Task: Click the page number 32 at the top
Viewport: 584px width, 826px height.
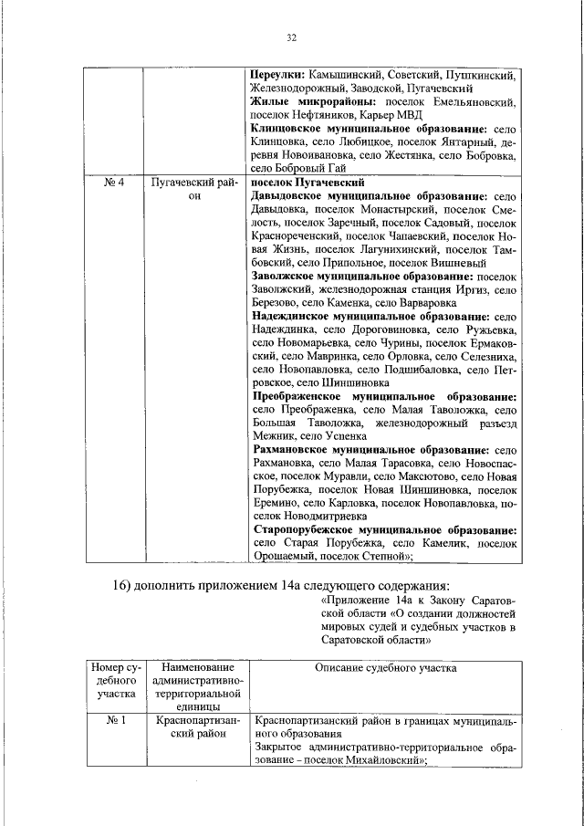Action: click(x=292, y=37)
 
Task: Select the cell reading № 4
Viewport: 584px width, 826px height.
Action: click(x=114, y=183)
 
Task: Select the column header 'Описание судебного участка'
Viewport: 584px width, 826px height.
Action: click(x=385, y=669)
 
